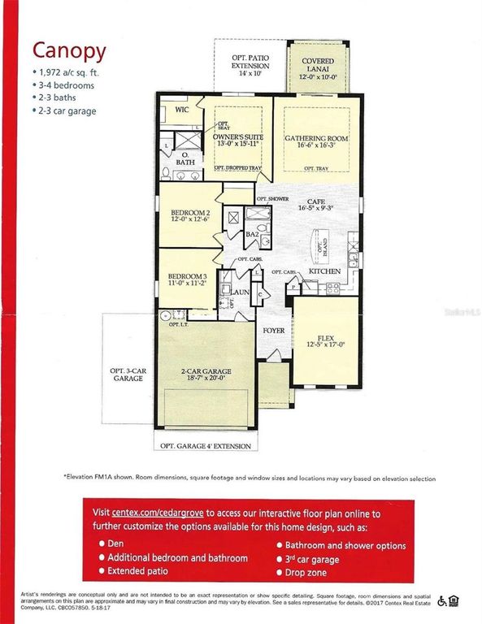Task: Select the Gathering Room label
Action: click(316, 138)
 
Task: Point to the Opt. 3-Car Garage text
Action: click(127, 374)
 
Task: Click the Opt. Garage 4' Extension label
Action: click(206, 445)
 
